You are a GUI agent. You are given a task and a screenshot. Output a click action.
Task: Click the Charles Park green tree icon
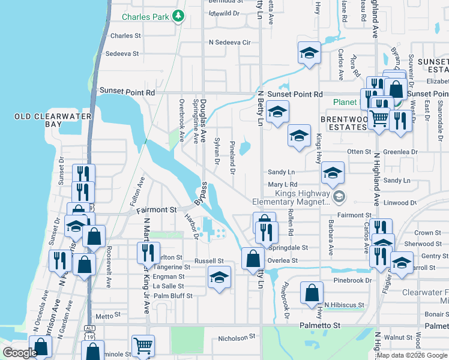pyautogui.click(x=178, y=17)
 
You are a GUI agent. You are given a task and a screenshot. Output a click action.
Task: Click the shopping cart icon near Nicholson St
pyautogui.click(x=143, y=345)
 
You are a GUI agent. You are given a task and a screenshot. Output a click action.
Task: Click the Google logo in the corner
pyautogui.click(x=20, y=353)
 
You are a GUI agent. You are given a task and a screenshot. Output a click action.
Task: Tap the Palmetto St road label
pyautogui.click(x=319, y=325)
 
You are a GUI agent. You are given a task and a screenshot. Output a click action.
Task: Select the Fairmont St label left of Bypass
pyautogui.click(x=156, y=211)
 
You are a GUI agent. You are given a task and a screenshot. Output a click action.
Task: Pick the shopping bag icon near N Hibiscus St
pyautogui.click(x=312, y=294)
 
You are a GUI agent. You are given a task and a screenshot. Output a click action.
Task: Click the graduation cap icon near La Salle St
pyautogui.click(x=219, y=277)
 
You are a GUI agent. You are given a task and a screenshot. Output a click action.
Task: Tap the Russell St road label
pyautogui.click(x=208, y=262)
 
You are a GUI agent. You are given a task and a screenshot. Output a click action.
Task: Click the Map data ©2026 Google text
pyautogui.click(x=411, y=355)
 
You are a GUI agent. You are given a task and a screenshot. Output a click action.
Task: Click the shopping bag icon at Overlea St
pyautogui.click(x=253, y=259)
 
